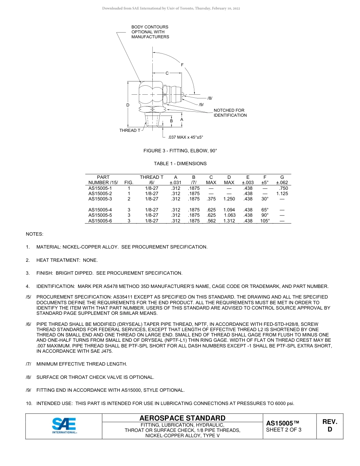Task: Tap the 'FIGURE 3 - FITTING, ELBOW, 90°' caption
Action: (x=180, y=151)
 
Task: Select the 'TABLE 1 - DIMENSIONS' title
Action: (x=180, y=164)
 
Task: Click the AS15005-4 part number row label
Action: (x=100, y=210)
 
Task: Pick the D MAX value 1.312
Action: (x=229, y=221)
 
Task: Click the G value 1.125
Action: (x=282, y=194)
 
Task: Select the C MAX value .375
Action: (x=211, y=199)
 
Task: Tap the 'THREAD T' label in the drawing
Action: (x=130, y=130)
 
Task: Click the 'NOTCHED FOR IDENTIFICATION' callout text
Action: (x=230, y=113)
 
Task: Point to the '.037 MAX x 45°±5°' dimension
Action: (x=185, y=137)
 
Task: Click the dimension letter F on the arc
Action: (x=182, y=65)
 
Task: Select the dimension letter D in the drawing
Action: (x=128, y=105)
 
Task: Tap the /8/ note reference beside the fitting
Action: (x=210, y=98)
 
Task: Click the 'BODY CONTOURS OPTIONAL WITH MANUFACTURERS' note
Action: (x=150, y=32)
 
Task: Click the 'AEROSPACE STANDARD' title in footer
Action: (x=182, y=418)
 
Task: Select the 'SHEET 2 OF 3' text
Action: (x=283, y=430)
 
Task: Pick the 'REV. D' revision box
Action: (x=329, y=425)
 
